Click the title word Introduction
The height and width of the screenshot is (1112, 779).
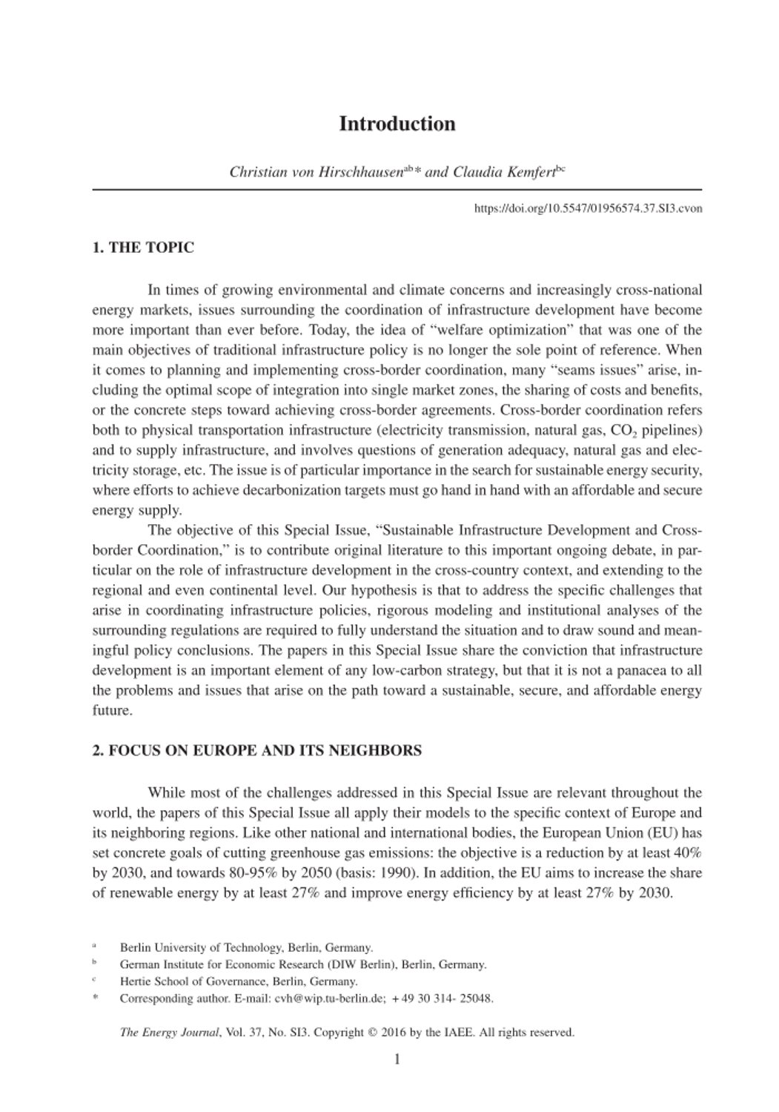point(397,124)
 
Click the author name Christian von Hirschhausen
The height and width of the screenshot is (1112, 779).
point(316,173)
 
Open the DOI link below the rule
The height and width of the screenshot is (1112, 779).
point(588,208)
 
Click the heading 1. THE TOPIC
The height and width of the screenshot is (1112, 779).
point(143,248)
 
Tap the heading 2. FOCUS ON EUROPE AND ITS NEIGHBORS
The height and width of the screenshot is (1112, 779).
point(256,750)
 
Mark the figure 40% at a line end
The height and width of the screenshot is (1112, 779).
point(687,853)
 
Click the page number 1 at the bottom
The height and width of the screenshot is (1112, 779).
point(397,1059)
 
